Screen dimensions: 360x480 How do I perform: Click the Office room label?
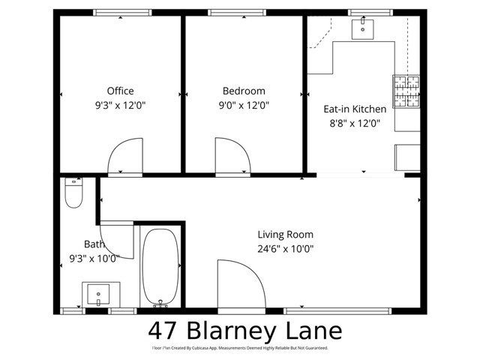click(x=120, y=91)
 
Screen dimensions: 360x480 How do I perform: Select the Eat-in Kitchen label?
click(x=355, y=109)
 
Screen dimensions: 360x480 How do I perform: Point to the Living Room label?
click(x=286, y=234)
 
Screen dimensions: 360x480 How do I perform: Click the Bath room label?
click(x=94, y=244)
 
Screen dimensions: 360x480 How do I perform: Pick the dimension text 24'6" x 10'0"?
click(x=286, y=249)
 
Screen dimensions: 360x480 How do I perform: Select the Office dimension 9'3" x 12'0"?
click(x=120, y=106)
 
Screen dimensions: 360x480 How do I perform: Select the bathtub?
click(x=159, y=266)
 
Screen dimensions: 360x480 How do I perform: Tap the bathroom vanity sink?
click(x=97, y=293)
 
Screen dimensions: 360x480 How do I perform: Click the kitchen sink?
click(x=364, y=28)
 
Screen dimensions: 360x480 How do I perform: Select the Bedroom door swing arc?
click(x=233, y=155)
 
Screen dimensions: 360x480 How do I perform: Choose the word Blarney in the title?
click(x=238, y=331)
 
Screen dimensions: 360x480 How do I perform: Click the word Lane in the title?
click(x=315, y=331)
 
